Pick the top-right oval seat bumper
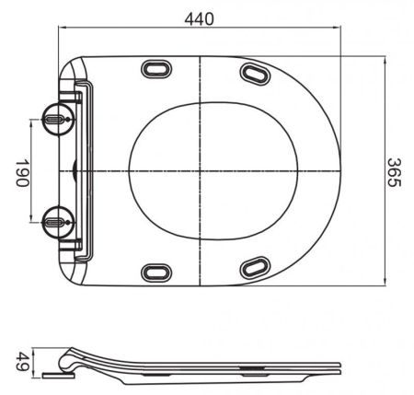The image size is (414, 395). [255, 73]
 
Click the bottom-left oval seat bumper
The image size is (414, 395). [155, 272]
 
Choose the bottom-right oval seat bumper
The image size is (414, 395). [255, 268]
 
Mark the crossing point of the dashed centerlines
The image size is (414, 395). [201, 170]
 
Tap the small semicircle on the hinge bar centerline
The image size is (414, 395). [75, 170]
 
